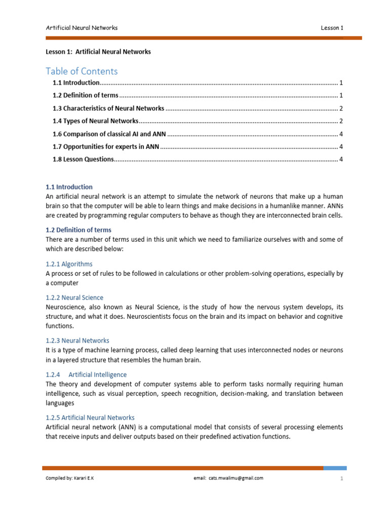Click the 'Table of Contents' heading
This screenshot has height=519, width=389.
click(x=82, y=71)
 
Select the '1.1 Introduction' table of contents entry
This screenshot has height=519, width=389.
click(x=76, y=83)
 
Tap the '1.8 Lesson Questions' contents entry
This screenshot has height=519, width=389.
click(x=83, y=160)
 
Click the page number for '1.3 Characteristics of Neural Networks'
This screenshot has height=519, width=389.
click(x=341, y=108)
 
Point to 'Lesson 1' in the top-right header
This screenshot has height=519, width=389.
click(x=332, y=28)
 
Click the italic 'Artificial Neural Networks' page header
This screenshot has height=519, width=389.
click(x=82, y=28)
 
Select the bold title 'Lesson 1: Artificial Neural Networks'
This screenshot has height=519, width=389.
click(x=98, y=52)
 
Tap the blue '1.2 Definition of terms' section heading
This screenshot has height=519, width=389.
click(x=79, y=230)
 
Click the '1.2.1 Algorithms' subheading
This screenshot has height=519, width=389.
click(x=69, y=264)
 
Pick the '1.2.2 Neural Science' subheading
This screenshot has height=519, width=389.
click(x=74, y=298)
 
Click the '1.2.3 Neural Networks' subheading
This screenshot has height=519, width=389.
click(x=77, y=341)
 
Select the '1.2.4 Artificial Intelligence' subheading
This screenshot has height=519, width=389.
click(x=86, y=375)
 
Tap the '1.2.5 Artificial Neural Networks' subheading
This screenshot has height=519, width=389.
click(x=90, y=418)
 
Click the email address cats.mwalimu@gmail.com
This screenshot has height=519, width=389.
click(x=235, y=478)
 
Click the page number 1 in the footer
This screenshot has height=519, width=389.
click(x=341, y=478)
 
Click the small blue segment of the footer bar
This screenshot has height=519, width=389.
click(x=335, y=468)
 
